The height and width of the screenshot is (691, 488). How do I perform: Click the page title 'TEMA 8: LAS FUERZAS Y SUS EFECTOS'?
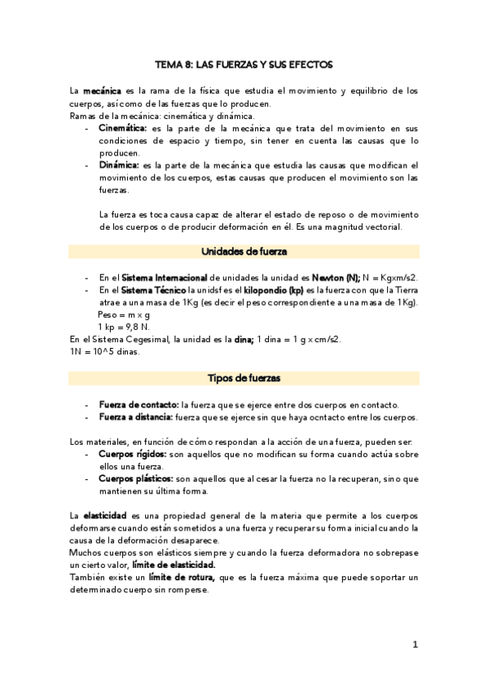[x=244, y=63]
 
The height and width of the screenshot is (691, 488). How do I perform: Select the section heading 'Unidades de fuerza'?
[x=244, y=251]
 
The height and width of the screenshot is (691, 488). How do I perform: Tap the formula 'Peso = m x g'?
[x=124, y=314]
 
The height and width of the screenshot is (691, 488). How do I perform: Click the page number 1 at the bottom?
[x=415, y=645]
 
